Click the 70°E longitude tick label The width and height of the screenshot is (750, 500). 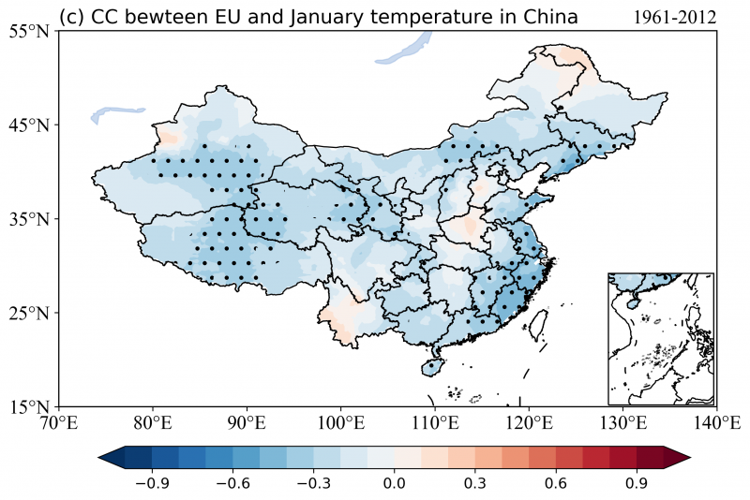coord(59,422)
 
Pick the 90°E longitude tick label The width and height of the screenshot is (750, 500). coord(247,422)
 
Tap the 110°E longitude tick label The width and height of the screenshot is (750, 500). coord(434,422)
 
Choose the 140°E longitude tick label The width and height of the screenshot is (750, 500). coord(716,422)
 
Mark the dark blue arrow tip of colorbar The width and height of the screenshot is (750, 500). coord(106,457)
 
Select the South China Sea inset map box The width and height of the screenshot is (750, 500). coord(661,338)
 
